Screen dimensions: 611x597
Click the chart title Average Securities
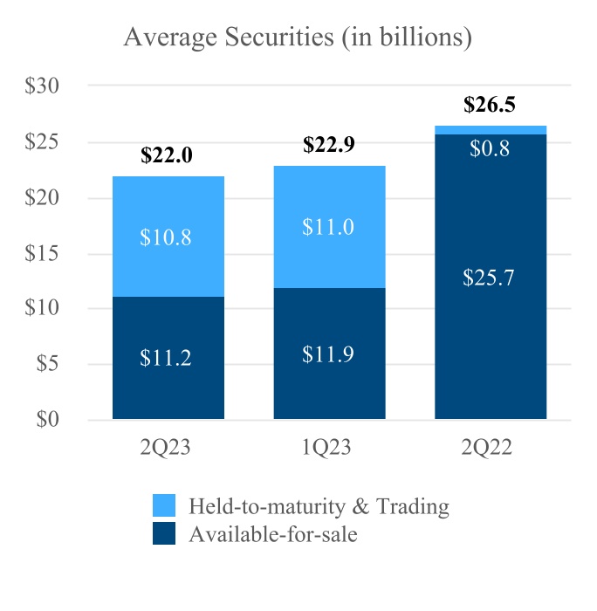[298, 38]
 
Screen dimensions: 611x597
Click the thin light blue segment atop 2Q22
[491, 130]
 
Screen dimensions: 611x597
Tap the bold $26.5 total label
[490, 106]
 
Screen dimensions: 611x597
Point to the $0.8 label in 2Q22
[489, 148]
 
